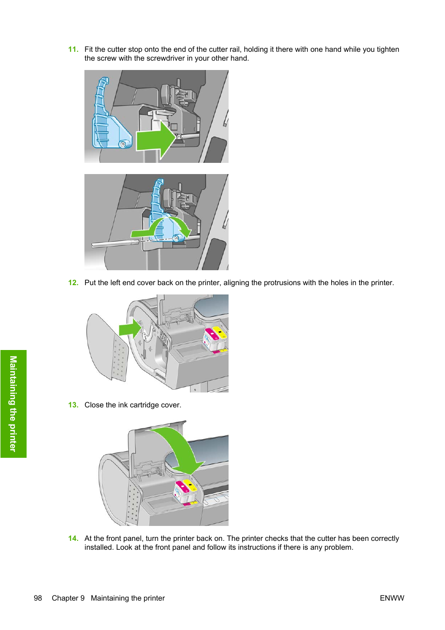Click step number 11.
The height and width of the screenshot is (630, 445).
tap(73, 49)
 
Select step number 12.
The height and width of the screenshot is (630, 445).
tap(73, 283)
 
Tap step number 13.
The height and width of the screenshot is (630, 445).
tap(73, 405)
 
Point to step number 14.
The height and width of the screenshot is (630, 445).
tap(73, 539)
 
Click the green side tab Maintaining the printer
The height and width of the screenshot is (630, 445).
tap(13, 404)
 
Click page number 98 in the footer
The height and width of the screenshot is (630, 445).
tap(38, 598)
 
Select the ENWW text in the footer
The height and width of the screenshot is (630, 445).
tap(392, 598)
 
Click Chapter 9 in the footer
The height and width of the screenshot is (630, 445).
tap(68, 598)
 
